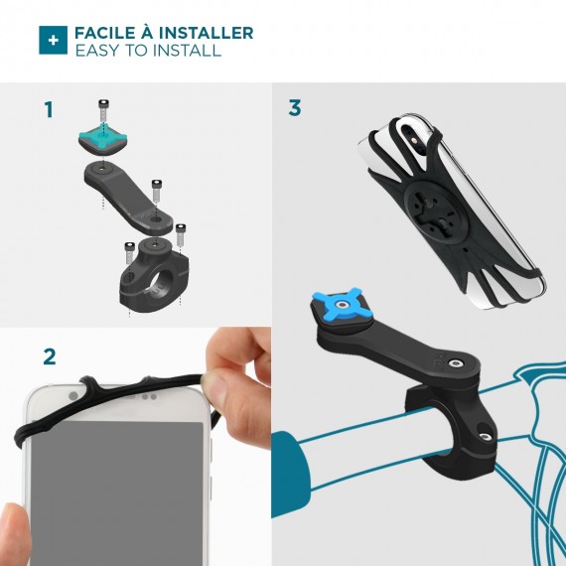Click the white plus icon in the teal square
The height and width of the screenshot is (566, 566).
pyautogui.click(x=53, y=40)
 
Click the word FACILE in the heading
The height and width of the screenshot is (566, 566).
pyautogui.click(x=104, y=33)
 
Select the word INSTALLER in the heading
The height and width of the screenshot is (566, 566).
pyautogui.click(x=207, y=33)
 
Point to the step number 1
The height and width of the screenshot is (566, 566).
pyautogui.click(x=49, y=109)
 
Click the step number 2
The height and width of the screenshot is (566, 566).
pyautogui.click(x=50, y=356)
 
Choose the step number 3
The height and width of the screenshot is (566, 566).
pyautogui.click(x=295, y=107)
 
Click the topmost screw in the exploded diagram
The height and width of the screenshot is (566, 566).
pyautogui.click(x=103, y=111)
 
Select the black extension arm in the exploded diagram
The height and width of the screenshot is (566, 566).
pyautogui.click(x=128, y=198)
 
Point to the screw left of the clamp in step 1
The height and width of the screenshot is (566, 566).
pyautogui.click(x=130, y=252)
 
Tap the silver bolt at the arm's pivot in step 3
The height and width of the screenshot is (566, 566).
pyautogui.click(x=454, y=363)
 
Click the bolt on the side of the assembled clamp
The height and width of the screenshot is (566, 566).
pyautogui.click(x=484, y=437)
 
